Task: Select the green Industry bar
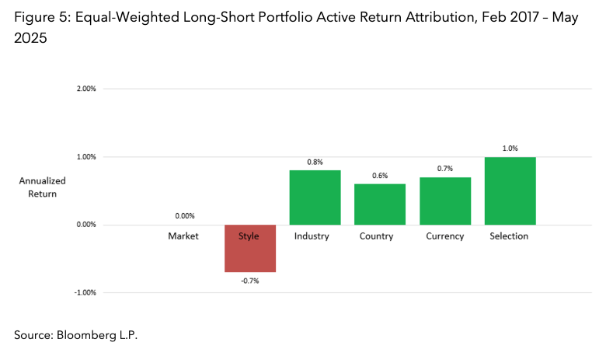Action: (x=315, y=197)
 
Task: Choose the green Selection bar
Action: (x=510, y=190)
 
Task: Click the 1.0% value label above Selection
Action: (x=510, y=148)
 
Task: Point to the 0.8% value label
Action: (x=315, y=162)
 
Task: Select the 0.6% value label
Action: (x=380, y=175)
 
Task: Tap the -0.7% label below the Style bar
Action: (x=249, y=281)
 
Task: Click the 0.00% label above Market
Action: (x=184, y=216)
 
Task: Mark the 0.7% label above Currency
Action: (x=444, y=168)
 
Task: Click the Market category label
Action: (x=184, y=236)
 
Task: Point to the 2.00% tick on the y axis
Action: (x=85, y=89)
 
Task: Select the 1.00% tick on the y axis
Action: (x=85, y=157)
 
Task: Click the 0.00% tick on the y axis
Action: (x=85, y=225)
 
